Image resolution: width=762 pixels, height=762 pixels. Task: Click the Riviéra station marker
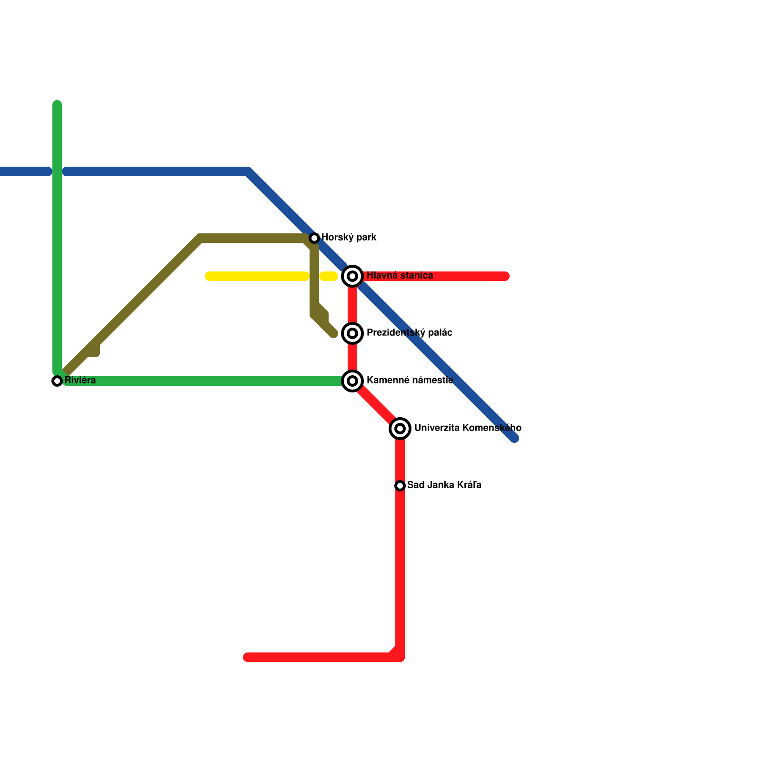57,381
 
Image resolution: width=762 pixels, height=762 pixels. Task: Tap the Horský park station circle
314,238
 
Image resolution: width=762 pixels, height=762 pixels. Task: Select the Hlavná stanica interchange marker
352,276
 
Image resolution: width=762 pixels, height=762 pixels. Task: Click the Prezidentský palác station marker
352,333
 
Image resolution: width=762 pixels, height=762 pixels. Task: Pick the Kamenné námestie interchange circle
352,381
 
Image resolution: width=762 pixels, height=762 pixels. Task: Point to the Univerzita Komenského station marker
400,429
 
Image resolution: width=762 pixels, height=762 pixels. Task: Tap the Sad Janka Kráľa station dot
400,486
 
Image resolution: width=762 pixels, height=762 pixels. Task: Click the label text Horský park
349,237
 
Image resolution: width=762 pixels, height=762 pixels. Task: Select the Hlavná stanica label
400,275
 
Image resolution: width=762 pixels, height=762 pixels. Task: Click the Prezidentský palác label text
409,332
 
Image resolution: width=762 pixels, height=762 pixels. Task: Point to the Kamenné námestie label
410,380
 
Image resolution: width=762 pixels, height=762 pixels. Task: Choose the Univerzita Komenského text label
467,428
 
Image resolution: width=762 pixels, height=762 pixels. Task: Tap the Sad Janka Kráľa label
444,485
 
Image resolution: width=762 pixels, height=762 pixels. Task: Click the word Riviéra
80,380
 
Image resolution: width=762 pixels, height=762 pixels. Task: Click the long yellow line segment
257,276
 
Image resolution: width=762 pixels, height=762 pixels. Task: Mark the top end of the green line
57,104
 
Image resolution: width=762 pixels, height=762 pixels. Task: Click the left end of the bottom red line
247,657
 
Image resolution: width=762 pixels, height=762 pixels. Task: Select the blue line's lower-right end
514,438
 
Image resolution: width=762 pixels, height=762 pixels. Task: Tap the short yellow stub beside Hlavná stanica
329,276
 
